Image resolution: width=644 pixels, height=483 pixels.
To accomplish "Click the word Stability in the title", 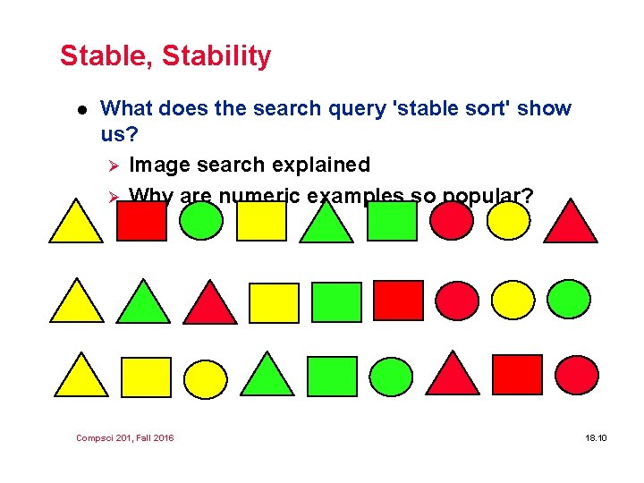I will (x=218, y=56).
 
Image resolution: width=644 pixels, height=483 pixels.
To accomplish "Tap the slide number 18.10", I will (x=596, y=437).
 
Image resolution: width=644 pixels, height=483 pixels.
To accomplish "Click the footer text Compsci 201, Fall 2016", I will (x=125, y=437).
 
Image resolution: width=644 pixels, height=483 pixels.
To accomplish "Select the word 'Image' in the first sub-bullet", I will (x=157, y=165).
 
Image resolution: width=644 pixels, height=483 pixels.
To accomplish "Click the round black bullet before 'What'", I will (x=69, y=109).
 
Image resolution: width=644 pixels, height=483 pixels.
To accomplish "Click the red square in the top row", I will (x=142, y=221).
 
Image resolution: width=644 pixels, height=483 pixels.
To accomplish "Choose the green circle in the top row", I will (x=201, y=221).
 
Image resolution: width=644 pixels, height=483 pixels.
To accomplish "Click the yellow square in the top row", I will (x=261, y=221).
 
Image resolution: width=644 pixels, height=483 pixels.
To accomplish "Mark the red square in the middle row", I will (x=398, y=301).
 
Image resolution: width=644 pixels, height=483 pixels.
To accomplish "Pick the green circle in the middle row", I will (x=569, y=300).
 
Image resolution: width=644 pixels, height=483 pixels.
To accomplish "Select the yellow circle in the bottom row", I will (x=207, y=378).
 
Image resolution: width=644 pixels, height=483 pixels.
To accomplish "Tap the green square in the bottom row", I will (x=331, y=377).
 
